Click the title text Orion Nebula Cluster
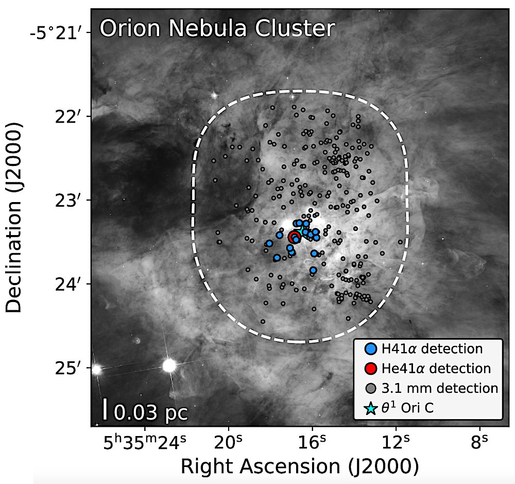click(x=217, y=28)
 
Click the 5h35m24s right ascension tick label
click(x=145, y=442)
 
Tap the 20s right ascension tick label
click(x=228, y=442)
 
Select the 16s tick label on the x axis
click(x=312, y=442)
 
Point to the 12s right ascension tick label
click(x=396, y=442)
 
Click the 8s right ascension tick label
click(x=479, y=442)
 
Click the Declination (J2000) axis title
click(x=14, y=218)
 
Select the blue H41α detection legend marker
click(x=371, y=348)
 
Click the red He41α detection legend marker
click(x=371, y=369)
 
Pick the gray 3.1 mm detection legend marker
click(x=371, y=388)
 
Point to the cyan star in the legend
click(x=371, y=408)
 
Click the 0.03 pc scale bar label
click(x=151, y=412)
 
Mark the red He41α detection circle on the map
click(x=294, y=237)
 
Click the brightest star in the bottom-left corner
click(x=169, y=365)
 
